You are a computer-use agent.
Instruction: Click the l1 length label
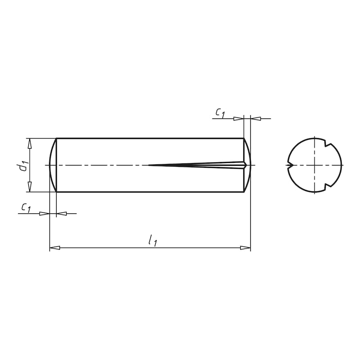(x=153, y=241)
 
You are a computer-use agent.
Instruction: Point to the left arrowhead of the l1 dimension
(x=54, y=247)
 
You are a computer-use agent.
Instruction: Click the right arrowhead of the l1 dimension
(x=245, y=247)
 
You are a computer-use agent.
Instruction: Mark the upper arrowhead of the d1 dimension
(x=30, y=143)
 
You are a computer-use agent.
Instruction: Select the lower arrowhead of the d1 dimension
(x=30, y=187)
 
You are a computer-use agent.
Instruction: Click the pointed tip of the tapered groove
(x=149, y=165)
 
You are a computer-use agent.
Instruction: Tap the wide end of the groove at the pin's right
(x=243, y=165)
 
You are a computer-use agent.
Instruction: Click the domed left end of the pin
(x=52, y=165)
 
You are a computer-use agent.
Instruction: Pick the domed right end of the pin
(x=247, y=165)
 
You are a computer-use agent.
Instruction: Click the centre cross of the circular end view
(x=314, y=165)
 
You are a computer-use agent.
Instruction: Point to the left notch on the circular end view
(x=289, y=165)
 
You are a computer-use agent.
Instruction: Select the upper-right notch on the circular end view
(x=327, y=144)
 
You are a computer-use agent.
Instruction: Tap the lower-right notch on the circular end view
(x=327, y=186)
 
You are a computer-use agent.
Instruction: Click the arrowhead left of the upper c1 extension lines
(x=238, y=118)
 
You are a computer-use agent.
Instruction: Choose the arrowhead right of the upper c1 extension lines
(x=256, y=118)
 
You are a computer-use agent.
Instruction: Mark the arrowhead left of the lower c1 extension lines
(x=44, y=213)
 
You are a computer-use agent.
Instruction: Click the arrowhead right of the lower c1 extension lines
(x=61, y=213)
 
